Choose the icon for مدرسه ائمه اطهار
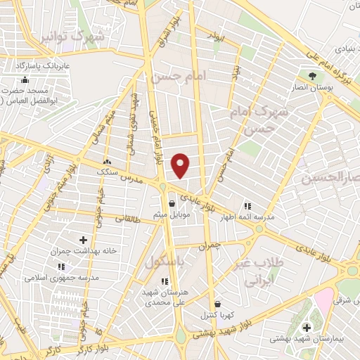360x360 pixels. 247,206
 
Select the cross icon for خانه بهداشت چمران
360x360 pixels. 84,240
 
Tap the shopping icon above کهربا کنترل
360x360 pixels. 218,304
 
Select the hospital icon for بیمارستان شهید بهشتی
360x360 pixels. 306,327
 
